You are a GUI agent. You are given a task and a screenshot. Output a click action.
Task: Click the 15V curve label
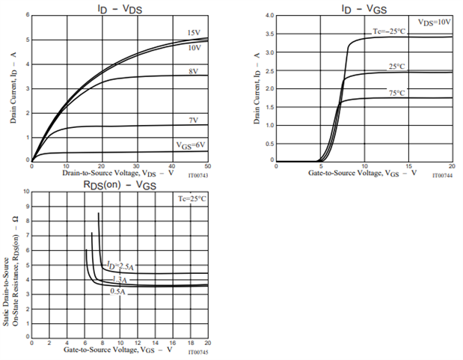click(x=194, y=32)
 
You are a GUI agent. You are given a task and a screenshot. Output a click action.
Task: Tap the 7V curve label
click(x=194, y=120)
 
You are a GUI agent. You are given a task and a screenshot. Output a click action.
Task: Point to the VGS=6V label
click(x=191, y=144)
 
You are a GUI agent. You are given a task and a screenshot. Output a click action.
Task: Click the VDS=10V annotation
click(x=435, y=22)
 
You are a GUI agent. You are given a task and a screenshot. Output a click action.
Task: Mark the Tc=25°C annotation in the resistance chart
click(x=192, y=198)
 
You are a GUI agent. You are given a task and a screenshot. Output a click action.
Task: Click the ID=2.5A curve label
click(x=120, y=266)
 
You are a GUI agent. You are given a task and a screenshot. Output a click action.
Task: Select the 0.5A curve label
click(x=118, y=290)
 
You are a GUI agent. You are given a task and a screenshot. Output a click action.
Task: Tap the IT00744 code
click(x=443, y=176)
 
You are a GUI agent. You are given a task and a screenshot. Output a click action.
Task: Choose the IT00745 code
click(x=198, y=352)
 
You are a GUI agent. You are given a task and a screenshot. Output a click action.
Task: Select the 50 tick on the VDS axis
click(x=207, y=166)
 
